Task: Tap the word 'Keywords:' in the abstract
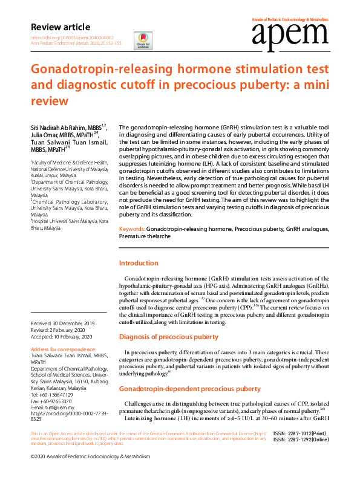pyautogui.click(x=132, y=230)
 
